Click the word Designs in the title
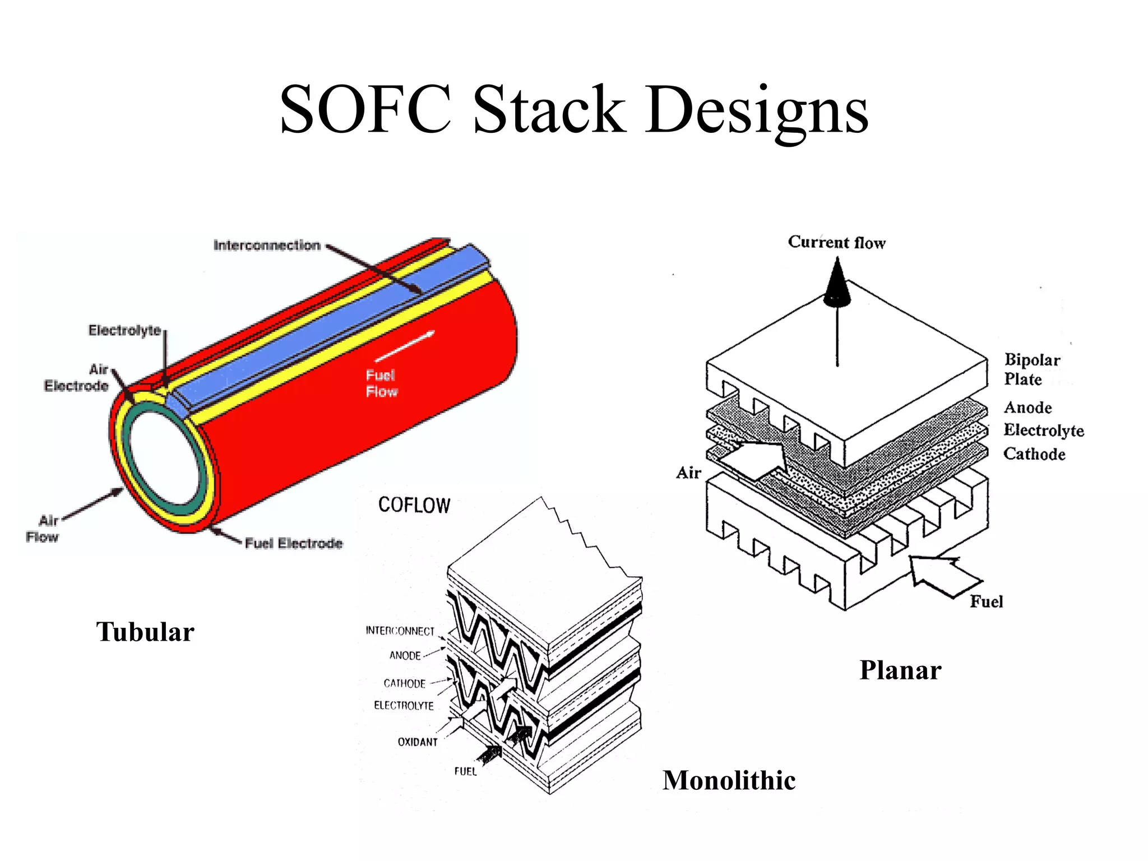[757, 109]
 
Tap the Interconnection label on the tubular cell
[267, 245]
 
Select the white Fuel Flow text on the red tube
[382, 383]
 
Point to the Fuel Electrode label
[294, 543]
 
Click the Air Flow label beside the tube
[43, 529]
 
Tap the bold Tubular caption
[145, 632]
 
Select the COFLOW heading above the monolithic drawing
[414, 505]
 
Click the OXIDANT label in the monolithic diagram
[418, 742]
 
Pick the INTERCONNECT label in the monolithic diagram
[400, 631]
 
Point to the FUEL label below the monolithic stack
[465, 771]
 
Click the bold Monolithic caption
[729, 780]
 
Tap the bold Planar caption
[900, 670]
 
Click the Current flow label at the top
[836, 242]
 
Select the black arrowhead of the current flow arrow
[837, 283]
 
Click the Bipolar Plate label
[1031, 369]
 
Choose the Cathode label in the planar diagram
[1034, 453]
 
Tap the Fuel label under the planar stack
[986, 601]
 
